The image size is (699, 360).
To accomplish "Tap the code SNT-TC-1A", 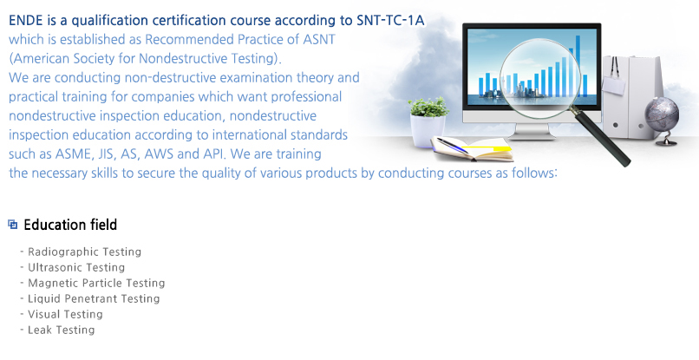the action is (390, 21).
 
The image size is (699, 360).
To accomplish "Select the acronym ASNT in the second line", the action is (319, 39).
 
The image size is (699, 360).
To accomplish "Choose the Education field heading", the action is (70, 225).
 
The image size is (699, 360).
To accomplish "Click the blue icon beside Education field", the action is (13, 225).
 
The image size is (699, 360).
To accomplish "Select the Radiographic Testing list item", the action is (85, 252).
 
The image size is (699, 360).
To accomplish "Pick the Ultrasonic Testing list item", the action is (76, 268).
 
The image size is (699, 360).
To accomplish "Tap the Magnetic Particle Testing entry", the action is (96, 284).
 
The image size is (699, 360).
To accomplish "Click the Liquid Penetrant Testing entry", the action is (94, 299).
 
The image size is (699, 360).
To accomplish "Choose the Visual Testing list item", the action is (65, 315).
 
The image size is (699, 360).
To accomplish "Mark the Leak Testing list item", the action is (61, 331).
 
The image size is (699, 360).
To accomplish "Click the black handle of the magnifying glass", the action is (601, 136).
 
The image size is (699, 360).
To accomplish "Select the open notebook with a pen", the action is (472, 149).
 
